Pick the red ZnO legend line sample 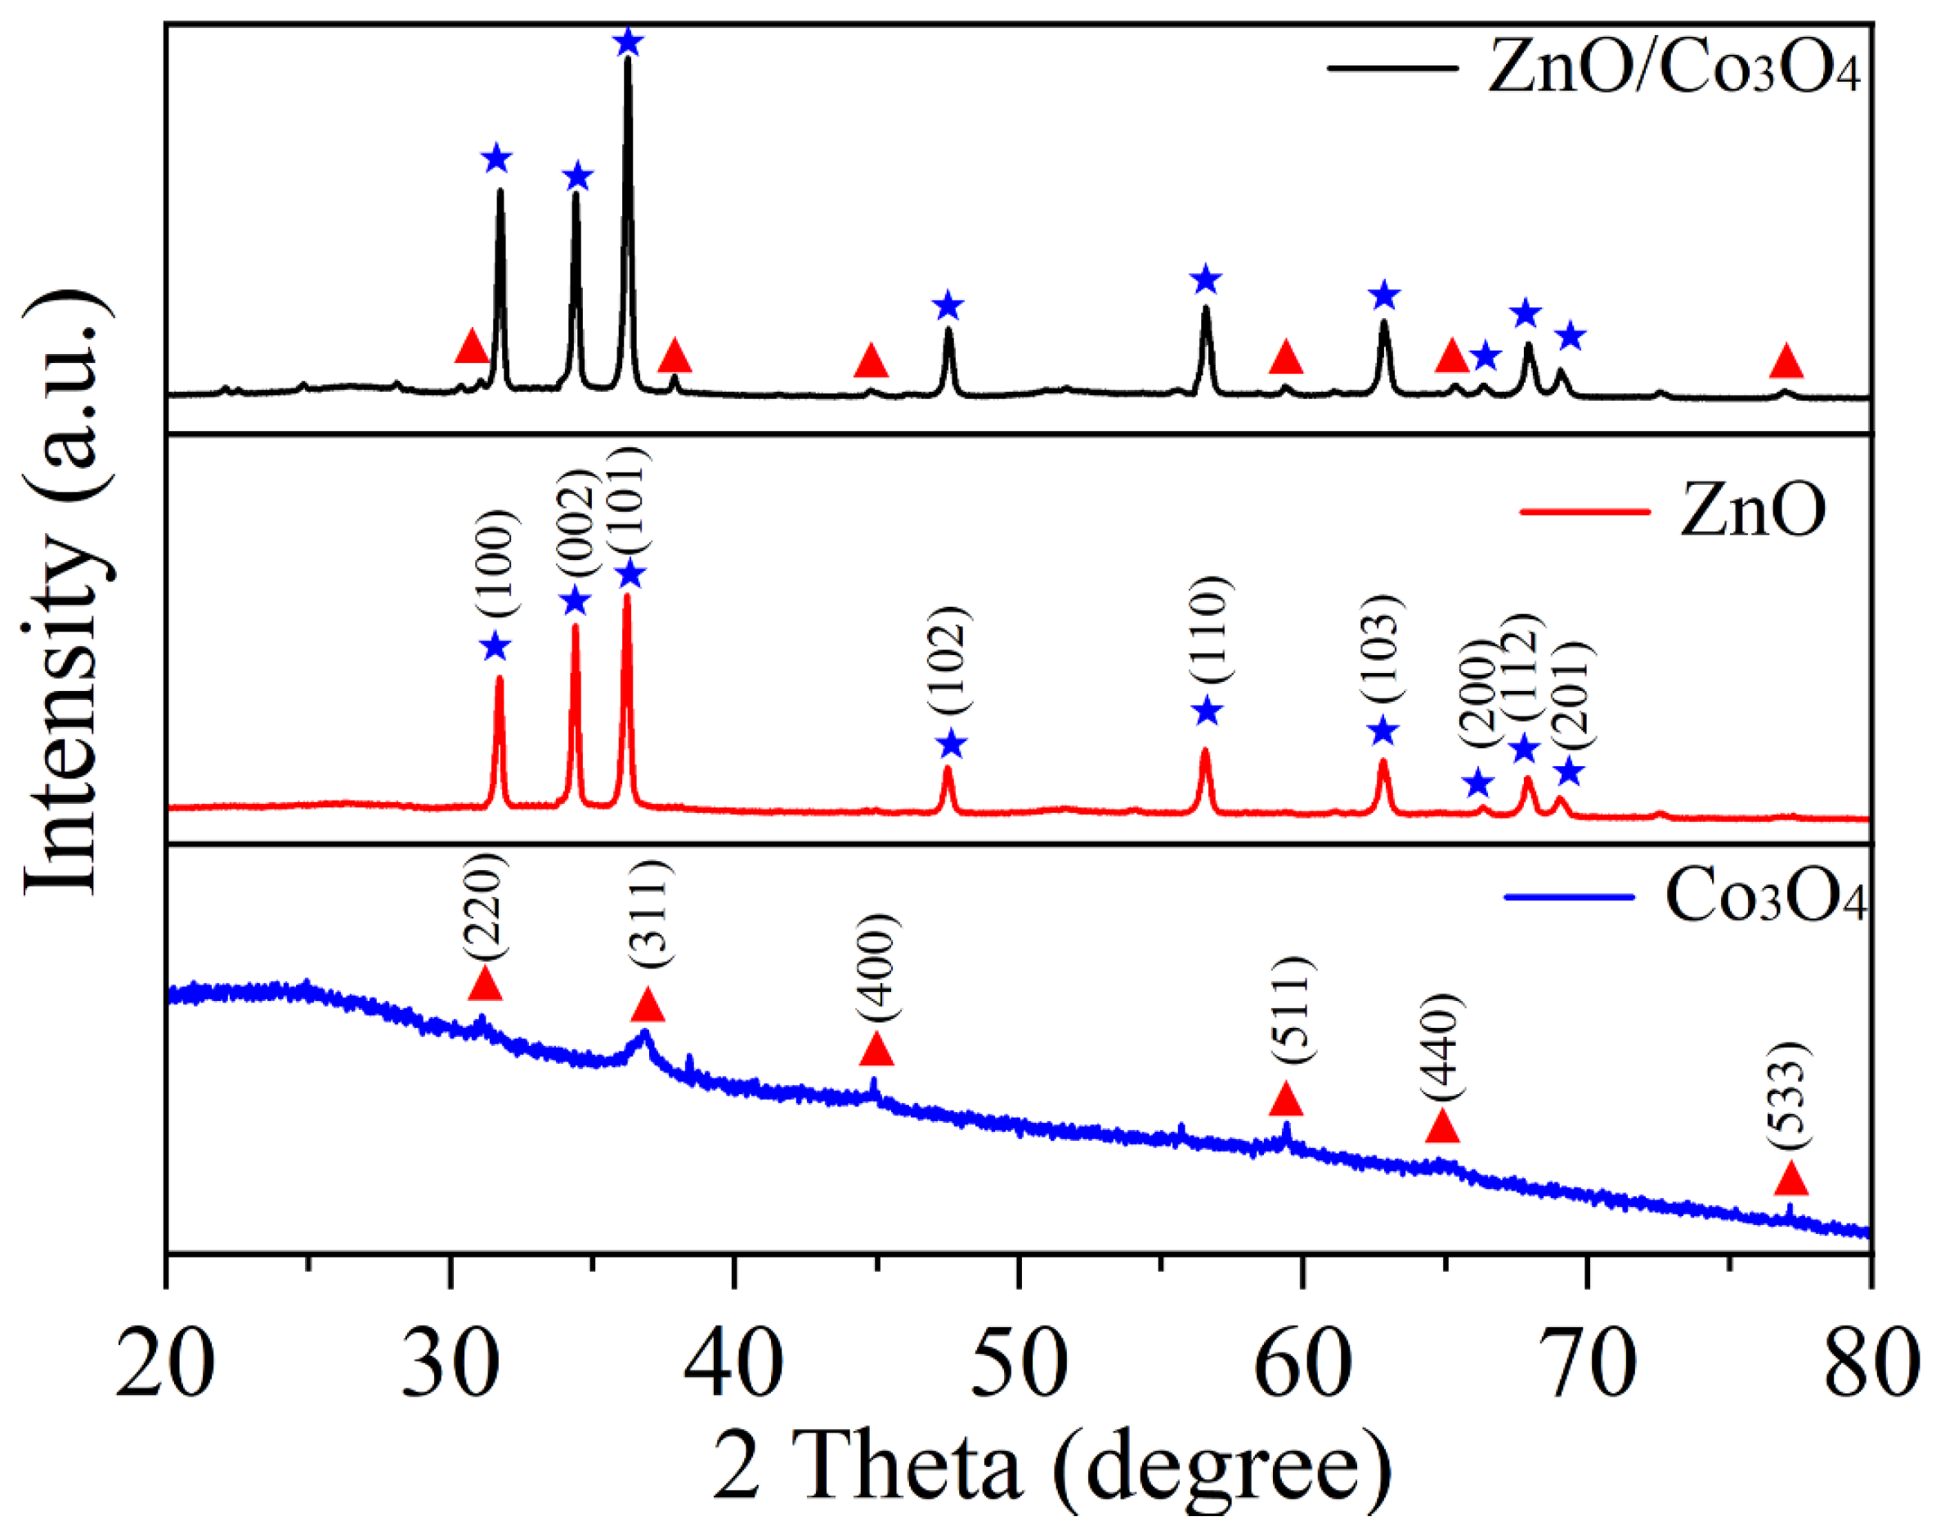click(1585, 511)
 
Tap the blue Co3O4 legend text click(1766, 895)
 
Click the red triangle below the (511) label click(1286, 1099)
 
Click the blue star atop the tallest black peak click(629, 41)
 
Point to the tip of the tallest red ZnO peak click(627, 595)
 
